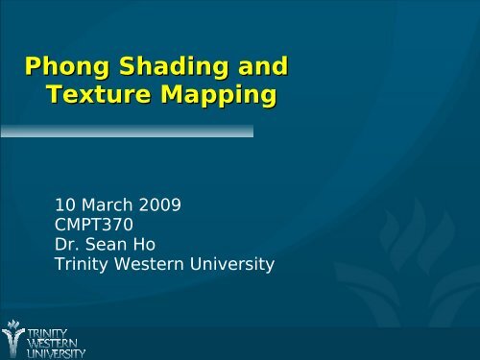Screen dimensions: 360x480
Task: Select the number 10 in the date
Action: click(67, 206)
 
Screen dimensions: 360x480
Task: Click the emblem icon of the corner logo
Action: click(14, 336)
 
